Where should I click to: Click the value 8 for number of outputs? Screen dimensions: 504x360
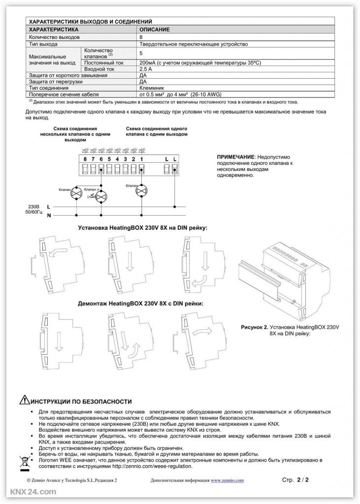tap(142, 37)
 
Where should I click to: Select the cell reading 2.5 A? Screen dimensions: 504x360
tap(146, 69)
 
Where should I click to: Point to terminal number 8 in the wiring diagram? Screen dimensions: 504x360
tap(85, 158)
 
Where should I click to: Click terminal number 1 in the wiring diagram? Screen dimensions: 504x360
tap(141, 158)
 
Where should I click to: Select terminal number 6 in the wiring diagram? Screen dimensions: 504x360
tap(101, 158)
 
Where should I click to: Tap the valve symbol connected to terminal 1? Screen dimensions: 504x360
tap(141, 190)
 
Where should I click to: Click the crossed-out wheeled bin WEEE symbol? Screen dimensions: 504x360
tap(25, 463)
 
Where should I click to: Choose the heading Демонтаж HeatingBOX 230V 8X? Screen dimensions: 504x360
tap(140, 304)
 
